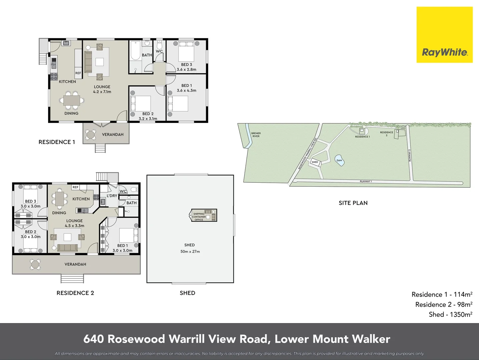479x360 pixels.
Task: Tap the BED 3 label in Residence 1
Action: (186, 65)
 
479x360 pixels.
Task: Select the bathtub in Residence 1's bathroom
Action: (135, 50)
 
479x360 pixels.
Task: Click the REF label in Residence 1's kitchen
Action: (78, 73)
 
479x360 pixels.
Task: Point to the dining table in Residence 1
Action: (72, 100)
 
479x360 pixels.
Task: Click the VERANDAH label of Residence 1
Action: (113, 135)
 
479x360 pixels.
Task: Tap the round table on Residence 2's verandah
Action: (35, 264)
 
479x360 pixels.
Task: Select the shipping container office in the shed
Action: (204, 216)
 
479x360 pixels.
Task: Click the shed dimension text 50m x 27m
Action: (190, 252)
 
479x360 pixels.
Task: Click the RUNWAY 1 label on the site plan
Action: (366, 181)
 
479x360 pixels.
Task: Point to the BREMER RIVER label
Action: (256, 135)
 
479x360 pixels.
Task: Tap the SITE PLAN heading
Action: (353, 203)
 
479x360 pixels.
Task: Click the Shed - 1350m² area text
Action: (450, 314)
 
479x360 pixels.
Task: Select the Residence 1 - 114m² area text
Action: (442, 294)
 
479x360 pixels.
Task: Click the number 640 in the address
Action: (93, 339)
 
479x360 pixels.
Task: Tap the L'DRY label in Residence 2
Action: (112, 196)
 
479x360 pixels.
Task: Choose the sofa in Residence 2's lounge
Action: (67, 247)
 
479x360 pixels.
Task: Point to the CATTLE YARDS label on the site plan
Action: (403, 127)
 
